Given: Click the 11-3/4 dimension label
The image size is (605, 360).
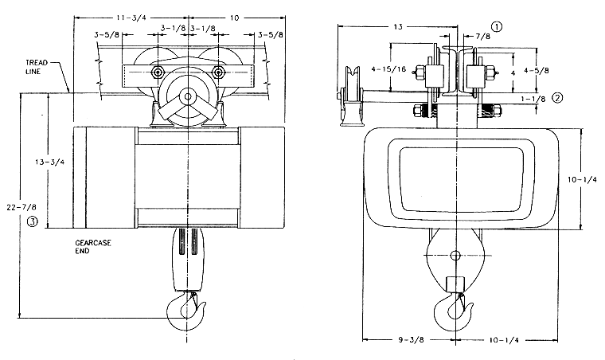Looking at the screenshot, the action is point(131,18).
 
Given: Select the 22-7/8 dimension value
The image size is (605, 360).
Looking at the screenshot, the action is point(21,207).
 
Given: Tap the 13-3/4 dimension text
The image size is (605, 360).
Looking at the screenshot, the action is point(50,162).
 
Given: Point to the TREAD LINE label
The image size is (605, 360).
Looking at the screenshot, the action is point(37,67).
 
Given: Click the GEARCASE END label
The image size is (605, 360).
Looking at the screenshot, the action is point(93,247).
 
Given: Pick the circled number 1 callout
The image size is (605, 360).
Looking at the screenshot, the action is point(497,26).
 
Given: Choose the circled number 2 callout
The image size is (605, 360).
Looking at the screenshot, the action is point(557,98).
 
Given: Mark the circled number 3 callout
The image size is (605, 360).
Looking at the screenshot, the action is point(33,221).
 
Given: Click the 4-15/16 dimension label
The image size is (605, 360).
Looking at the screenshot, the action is point(388,69).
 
